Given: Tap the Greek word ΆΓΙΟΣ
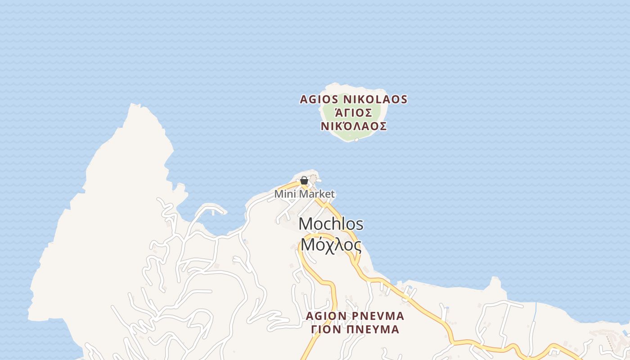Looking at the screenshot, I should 353,112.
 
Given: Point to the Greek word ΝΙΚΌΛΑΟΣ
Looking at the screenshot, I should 354,126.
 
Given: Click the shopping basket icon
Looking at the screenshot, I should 304,181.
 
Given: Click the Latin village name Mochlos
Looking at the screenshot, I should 331,224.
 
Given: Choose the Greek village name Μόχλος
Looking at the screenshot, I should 331,245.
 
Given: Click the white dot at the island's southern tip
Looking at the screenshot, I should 357,140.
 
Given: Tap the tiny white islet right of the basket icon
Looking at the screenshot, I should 319,180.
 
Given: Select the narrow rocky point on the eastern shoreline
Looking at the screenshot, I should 495,281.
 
